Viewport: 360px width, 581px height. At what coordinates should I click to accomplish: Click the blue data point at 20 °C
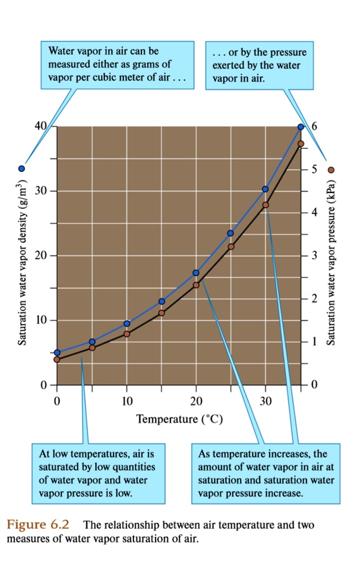pos(196,273)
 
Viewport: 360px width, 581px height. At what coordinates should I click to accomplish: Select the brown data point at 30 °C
pos(265,205)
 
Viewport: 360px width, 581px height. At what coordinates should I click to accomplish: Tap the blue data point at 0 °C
pos(57,352)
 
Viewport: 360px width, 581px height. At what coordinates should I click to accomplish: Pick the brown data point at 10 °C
pos(127,334)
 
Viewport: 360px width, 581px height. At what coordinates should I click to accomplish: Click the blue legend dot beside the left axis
pos(22,169)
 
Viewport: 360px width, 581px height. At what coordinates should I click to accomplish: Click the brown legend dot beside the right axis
pos(332,169)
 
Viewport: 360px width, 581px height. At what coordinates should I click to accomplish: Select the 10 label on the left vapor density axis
pos(40,321)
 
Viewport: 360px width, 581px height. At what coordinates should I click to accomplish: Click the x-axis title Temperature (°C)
pos(179,420)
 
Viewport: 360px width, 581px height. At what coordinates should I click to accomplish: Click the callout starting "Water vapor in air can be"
pos(118,65)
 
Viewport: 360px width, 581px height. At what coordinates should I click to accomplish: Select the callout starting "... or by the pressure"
pos(259,66)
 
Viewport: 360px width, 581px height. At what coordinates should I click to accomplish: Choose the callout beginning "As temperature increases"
pos(266,474)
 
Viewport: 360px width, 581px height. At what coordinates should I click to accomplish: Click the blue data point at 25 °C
pos(231,233)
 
